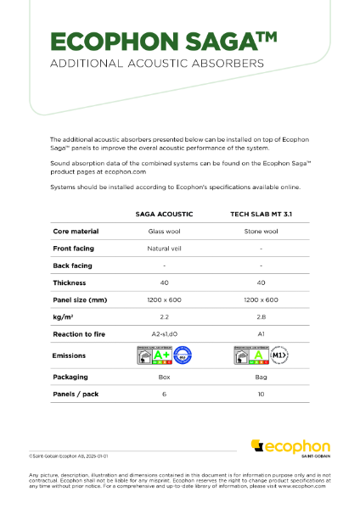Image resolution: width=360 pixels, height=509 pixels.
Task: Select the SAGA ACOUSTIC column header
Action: point(163,215)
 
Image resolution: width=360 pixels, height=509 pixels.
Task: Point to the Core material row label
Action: point(76,231)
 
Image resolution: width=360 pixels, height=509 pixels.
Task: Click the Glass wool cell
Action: point(163,231)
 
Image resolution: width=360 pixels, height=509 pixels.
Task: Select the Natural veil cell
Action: point(163,248)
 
